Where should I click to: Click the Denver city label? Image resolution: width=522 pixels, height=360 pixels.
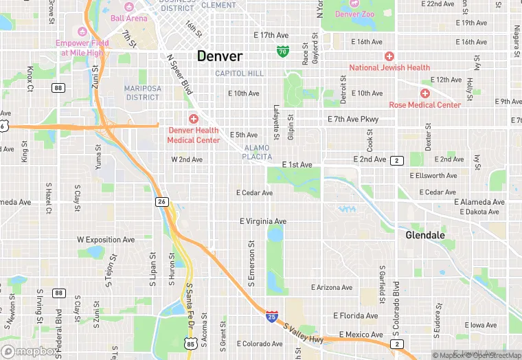coord(220,56)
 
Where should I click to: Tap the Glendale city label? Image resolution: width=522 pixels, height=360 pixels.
coord(424,235)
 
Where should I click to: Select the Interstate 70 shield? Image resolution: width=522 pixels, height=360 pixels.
coord(283,51)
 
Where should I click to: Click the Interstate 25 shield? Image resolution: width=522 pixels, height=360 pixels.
coord(272,317)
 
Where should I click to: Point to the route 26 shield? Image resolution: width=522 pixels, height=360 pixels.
coord(162,201)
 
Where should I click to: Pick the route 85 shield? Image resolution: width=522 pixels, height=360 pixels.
coord(190,343)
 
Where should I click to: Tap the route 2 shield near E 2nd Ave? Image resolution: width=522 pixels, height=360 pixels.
coord(396,160)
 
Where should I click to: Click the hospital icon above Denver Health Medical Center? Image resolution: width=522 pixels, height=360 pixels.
coord(193,119)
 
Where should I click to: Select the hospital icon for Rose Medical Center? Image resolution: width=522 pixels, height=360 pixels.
coord(424,93)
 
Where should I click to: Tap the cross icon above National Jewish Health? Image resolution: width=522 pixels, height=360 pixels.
coord(389,56)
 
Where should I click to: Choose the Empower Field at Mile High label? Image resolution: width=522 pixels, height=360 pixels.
coord(82,47)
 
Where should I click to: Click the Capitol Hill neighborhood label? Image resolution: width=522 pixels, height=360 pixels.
coord(239,74)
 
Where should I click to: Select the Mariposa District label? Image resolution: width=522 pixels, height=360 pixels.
coord(142,93)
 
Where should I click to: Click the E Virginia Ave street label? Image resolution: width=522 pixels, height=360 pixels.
coord(262,221)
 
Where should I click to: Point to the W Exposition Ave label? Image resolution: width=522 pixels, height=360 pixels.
coord(106,240)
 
